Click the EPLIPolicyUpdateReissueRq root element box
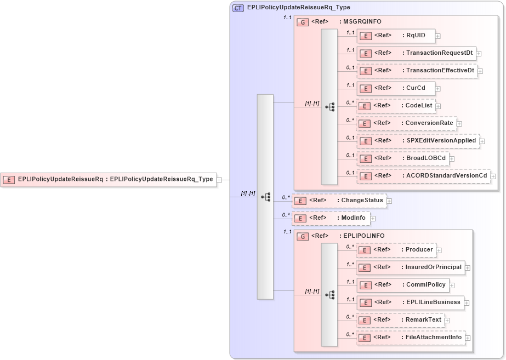[x=109, y=179]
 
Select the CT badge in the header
[x=238, y=8]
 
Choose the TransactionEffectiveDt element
[x=417, y=71]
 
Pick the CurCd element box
[x=396, y=88]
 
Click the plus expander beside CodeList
[x=438, y=106]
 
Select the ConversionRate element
[x=406, y=123]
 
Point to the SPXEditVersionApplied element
[x=418, y=141]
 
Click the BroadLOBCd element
[x=403, y=158]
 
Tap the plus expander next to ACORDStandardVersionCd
[x=493, y=176]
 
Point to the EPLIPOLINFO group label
[x=363, y=236]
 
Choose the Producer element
[x=396, y=250]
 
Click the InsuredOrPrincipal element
[x=410, y=267]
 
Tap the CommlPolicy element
[x=403, y=285]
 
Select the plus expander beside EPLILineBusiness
[x=468, y=302]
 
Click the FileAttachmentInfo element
[x=411, y=338]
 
